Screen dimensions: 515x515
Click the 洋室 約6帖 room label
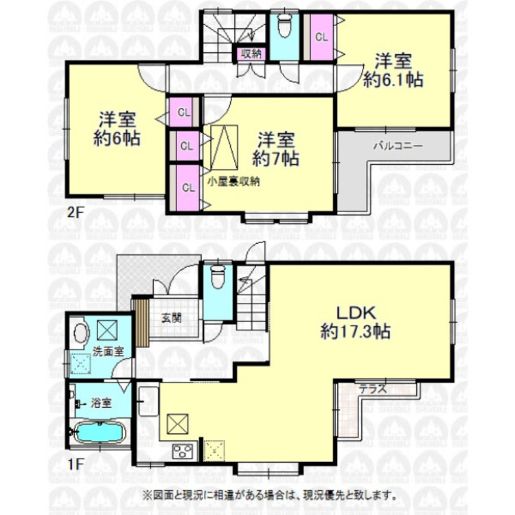117,128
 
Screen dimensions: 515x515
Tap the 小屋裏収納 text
234,182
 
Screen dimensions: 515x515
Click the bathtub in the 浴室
99,435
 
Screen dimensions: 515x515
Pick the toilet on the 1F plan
218,277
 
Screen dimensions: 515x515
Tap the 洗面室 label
108,352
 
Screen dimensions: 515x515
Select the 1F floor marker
76,463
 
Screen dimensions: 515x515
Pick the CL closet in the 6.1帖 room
321,38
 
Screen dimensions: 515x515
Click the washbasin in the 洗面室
79,334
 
